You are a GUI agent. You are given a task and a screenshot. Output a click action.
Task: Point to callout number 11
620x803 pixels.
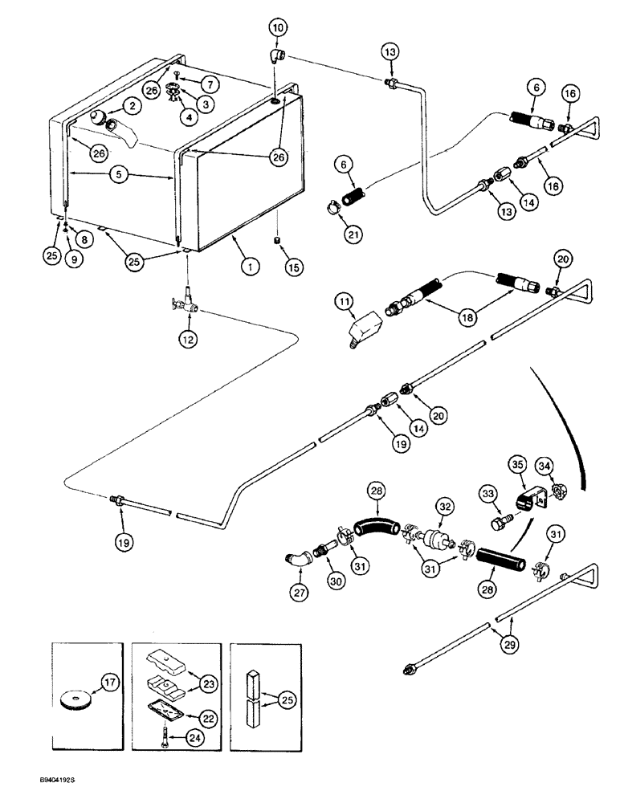pos(344,302)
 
